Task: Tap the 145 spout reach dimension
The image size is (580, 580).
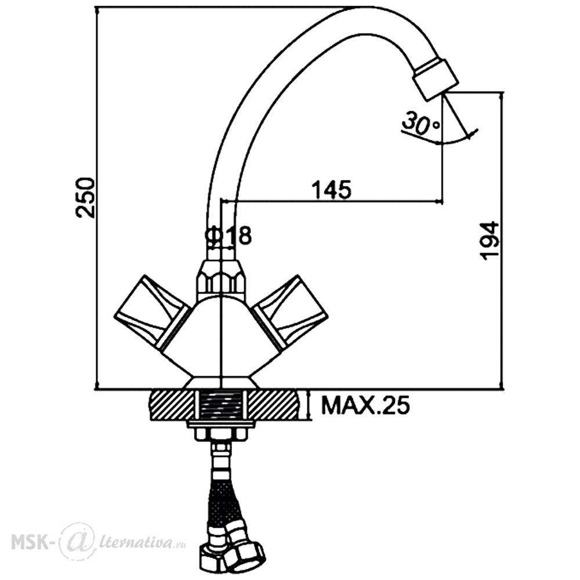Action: click(331, 190)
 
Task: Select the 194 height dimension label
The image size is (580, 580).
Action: click(490, 241)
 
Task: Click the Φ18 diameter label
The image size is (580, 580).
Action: click(228, 235)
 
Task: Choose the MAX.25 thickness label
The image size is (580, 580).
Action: click(366, 405)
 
